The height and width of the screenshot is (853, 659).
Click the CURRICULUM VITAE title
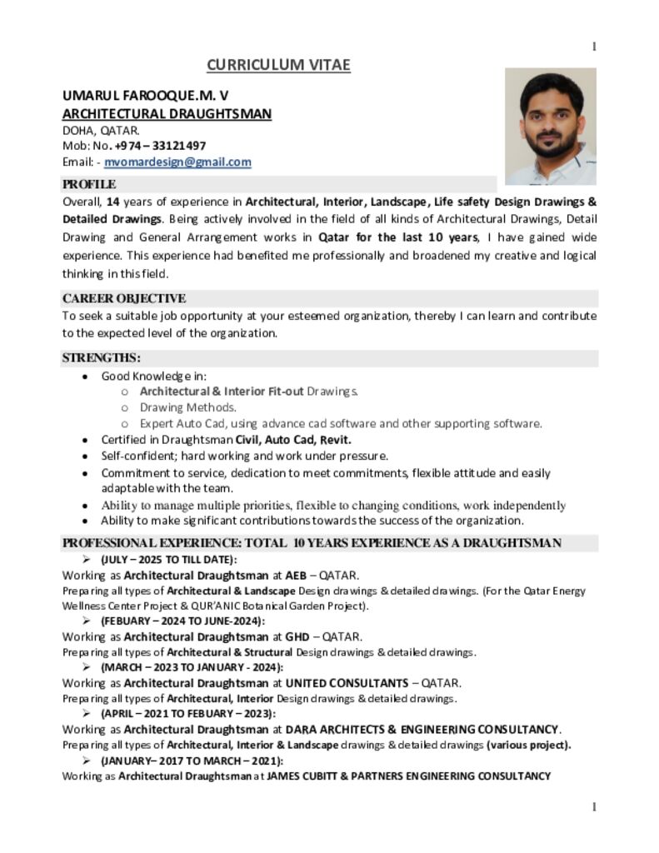pyautogui.click(x=278, y=65)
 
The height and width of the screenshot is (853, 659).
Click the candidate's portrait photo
pyautogui.click(x=550, y=127)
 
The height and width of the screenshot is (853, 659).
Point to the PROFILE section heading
pyautogui.click(x=89, y=184)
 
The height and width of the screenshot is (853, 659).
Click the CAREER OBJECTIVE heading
pyautogui.click(x=124, y=298)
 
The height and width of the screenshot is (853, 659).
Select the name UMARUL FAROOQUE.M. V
pyautogui.click(x=146, y=96)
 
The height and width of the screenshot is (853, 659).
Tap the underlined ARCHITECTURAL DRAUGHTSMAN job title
pyautogui.click(x=167, y=113)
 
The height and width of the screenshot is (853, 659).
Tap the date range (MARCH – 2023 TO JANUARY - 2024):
pyautogui.click(x=192, y=666)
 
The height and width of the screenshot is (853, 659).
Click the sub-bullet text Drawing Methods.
pyautogui.click(x=188, y=407)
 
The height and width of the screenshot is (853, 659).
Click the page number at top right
pyautogui.click(x=593, y=47)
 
